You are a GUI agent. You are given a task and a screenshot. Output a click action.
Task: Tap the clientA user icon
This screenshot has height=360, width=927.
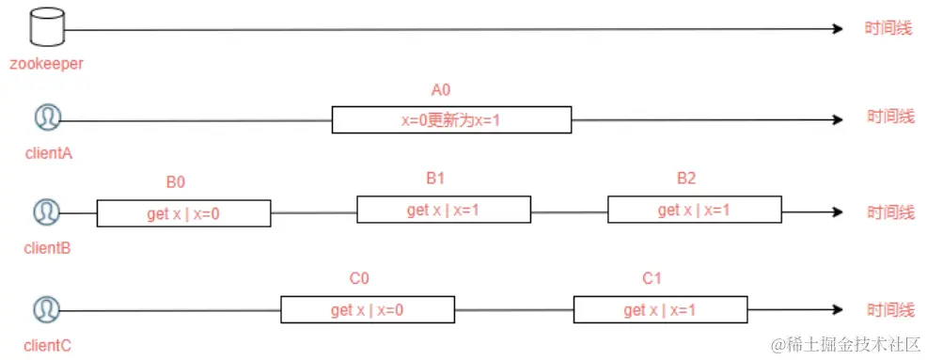coord(47,118)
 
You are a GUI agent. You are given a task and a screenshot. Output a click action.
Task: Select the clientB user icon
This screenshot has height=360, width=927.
coord(46,212)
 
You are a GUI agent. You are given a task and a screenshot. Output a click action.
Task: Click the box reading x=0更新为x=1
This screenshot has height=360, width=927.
coord(451,120)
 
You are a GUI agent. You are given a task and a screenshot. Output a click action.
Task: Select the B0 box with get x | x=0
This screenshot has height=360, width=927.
coord(183,213)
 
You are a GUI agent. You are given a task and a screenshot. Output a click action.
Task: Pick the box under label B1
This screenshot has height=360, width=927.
coord(443,210)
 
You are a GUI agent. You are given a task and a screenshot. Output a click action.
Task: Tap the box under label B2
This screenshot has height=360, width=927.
coord(694,210)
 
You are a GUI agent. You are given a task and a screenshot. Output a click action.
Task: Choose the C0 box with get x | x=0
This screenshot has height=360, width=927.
coord(368,310)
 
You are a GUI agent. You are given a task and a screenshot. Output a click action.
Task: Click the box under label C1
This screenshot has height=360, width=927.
coord(660,310)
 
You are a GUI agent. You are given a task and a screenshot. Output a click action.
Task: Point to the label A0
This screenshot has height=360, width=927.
coord(442,90)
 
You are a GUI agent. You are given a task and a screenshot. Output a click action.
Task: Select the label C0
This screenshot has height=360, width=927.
coord(359,278)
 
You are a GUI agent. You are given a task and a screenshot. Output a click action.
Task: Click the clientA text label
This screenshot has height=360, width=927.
coord(47,154)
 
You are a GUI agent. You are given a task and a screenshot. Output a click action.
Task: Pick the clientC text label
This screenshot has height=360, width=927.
coord(47,345)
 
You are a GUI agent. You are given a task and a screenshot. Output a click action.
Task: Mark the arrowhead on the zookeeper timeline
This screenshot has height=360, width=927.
coord(837,29)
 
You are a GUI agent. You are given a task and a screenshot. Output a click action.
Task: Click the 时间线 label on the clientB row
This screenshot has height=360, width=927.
coord(889,212)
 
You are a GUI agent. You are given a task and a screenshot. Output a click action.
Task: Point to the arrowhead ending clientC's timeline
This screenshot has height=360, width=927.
coord(837,309)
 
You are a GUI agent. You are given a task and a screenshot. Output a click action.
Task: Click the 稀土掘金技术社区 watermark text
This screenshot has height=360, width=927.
coord(851,345)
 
